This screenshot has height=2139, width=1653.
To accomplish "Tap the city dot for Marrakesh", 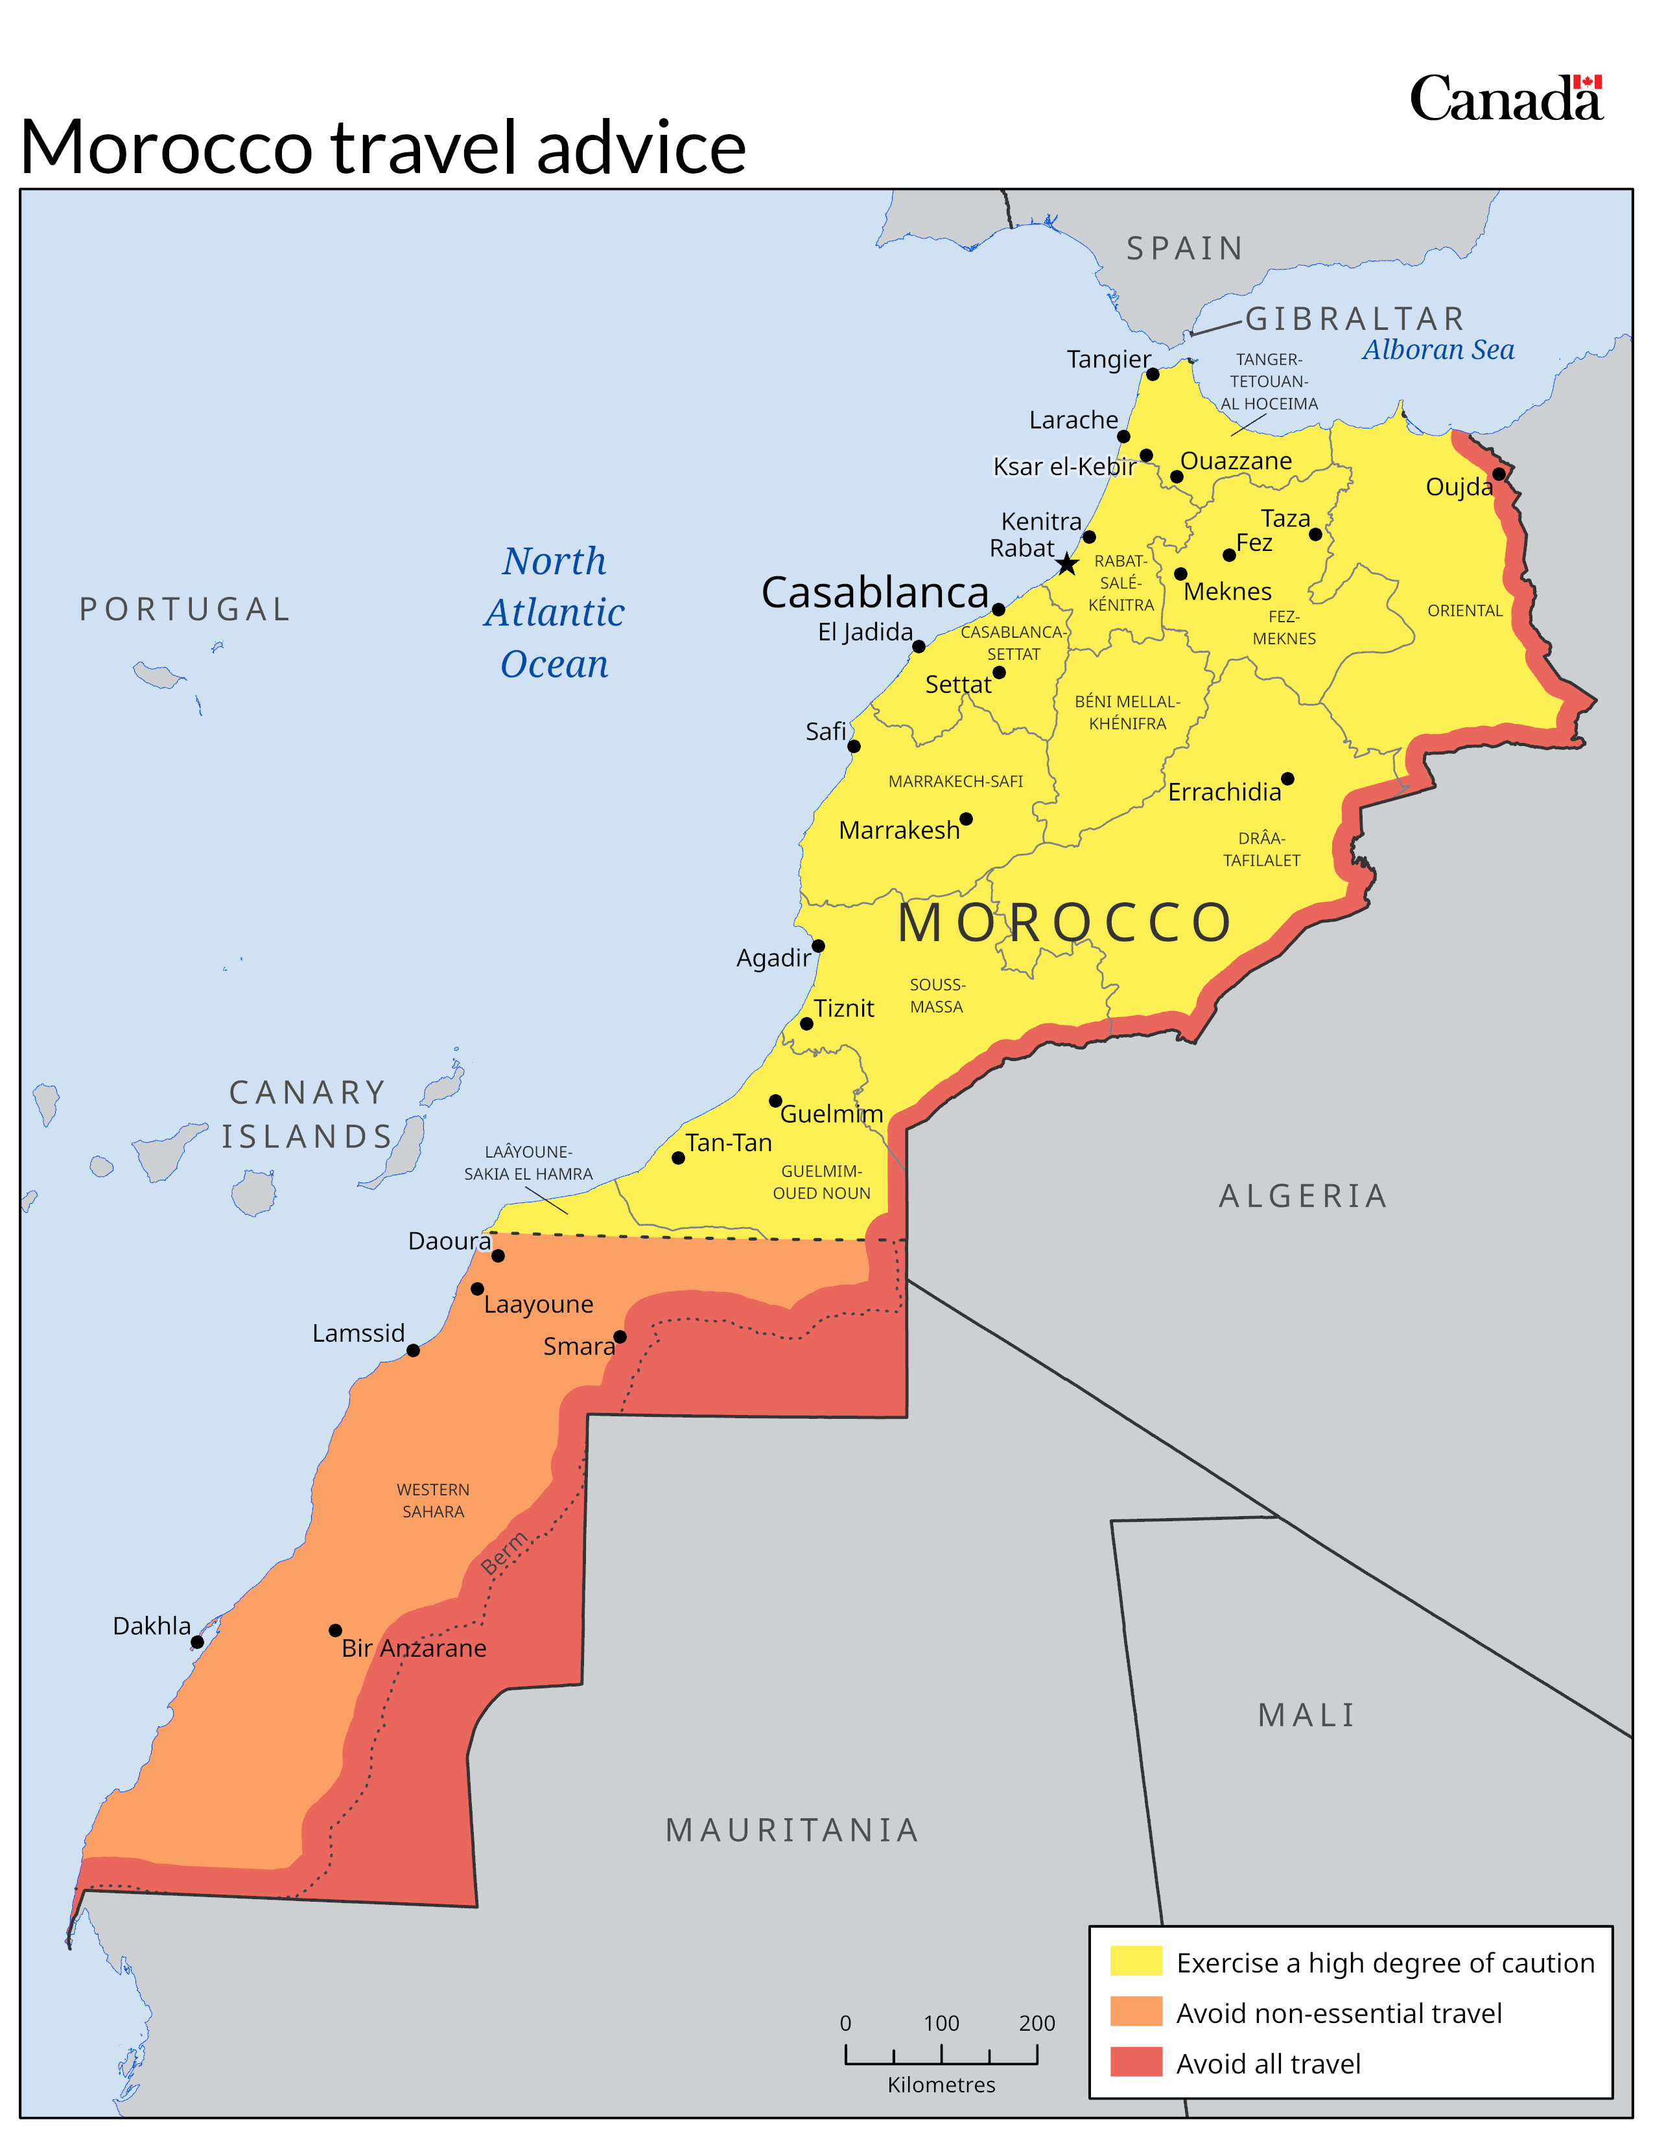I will (x=966, y=819).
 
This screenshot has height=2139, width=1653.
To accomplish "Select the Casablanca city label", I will (x=874, y=592).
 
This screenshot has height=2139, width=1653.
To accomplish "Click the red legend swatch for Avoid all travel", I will (x=1136, y=2063).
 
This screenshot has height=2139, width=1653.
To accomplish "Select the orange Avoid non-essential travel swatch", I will (x=1136, y=2012).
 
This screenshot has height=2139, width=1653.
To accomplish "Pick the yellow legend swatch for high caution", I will (x=1136, y=1962).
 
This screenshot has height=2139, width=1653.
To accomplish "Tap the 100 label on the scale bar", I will (x=941, y=2024).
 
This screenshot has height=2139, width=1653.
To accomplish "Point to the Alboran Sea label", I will (x=1438, y=349).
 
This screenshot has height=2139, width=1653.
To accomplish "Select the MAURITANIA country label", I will (x=792, y=1830).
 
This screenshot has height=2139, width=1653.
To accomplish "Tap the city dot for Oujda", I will (x=1498, y=474).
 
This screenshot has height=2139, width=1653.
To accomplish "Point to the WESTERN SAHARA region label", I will (x=433, y=1501).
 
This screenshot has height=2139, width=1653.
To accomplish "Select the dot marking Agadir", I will (x=817, y=946).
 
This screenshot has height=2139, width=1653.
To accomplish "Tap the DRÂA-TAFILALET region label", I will (x=1261, y=849).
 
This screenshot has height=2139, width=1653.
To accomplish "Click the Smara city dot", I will (x=620, y=1337).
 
